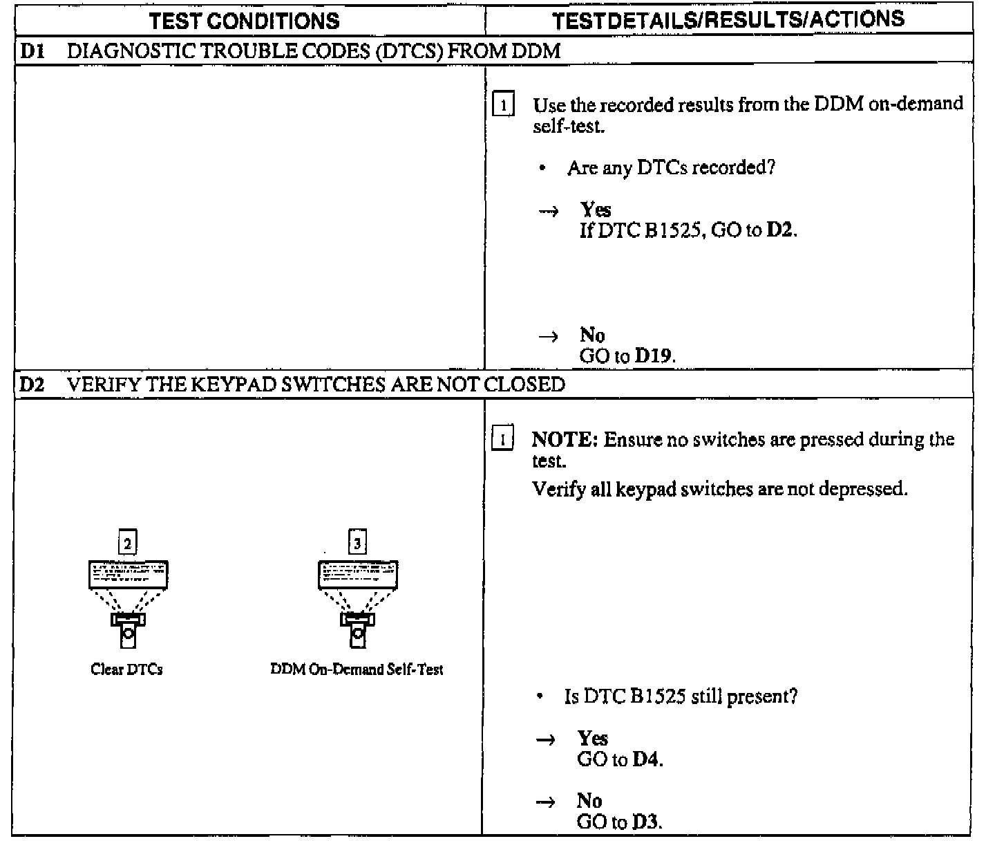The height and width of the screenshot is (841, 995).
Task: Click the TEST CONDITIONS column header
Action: click(x=245, y=21)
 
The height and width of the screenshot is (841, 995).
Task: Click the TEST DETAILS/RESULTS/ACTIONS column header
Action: click(x=728, y=19)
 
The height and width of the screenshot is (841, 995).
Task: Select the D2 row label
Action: click(x=31, y=385)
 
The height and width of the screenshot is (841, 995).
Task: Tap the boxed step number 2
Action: click(x=127, y=544)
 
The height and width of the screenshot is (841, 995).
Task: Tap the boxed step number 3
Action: click(x=357, y=544)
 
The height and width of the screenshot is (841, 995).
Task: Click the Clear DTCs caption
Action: click(x=126, y=669)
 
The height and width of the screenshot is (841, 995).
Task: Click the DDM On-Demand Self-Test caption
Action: click(x=357, y=669)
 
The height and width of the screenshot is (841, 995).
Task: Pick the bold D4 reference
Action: click(x=647, y=759)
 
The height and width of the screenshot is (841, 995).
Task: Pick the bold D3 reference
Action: click(x=646, y=822)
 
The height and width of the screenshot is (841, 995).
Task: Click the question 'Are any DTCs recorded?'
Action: click(x=671, y=168)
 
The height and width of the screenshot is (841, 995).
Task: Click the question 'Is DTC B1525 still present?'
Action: click(x=681, y=696)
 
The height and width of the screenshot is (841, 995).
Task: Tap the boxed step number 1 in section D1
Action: click(x=503, y=107)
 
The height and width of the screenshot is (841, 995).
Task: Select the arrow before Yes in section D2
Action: click(x=546, y=739)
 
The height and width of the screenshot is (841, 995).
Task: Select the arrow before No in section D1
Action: click(x=548, y=337)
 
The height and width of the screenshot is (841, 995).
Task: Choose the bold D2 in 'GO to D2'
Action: click(x=781, y=230)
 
